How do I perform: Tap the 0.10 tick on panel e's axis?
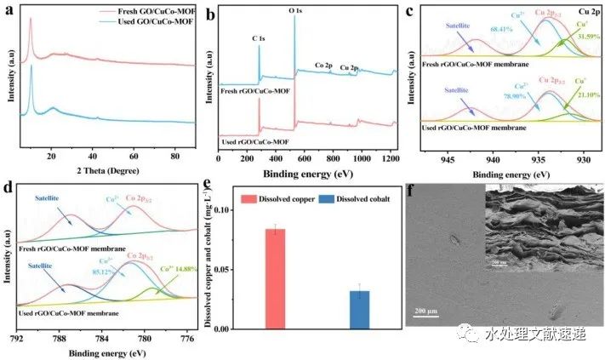coord(220,209)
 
